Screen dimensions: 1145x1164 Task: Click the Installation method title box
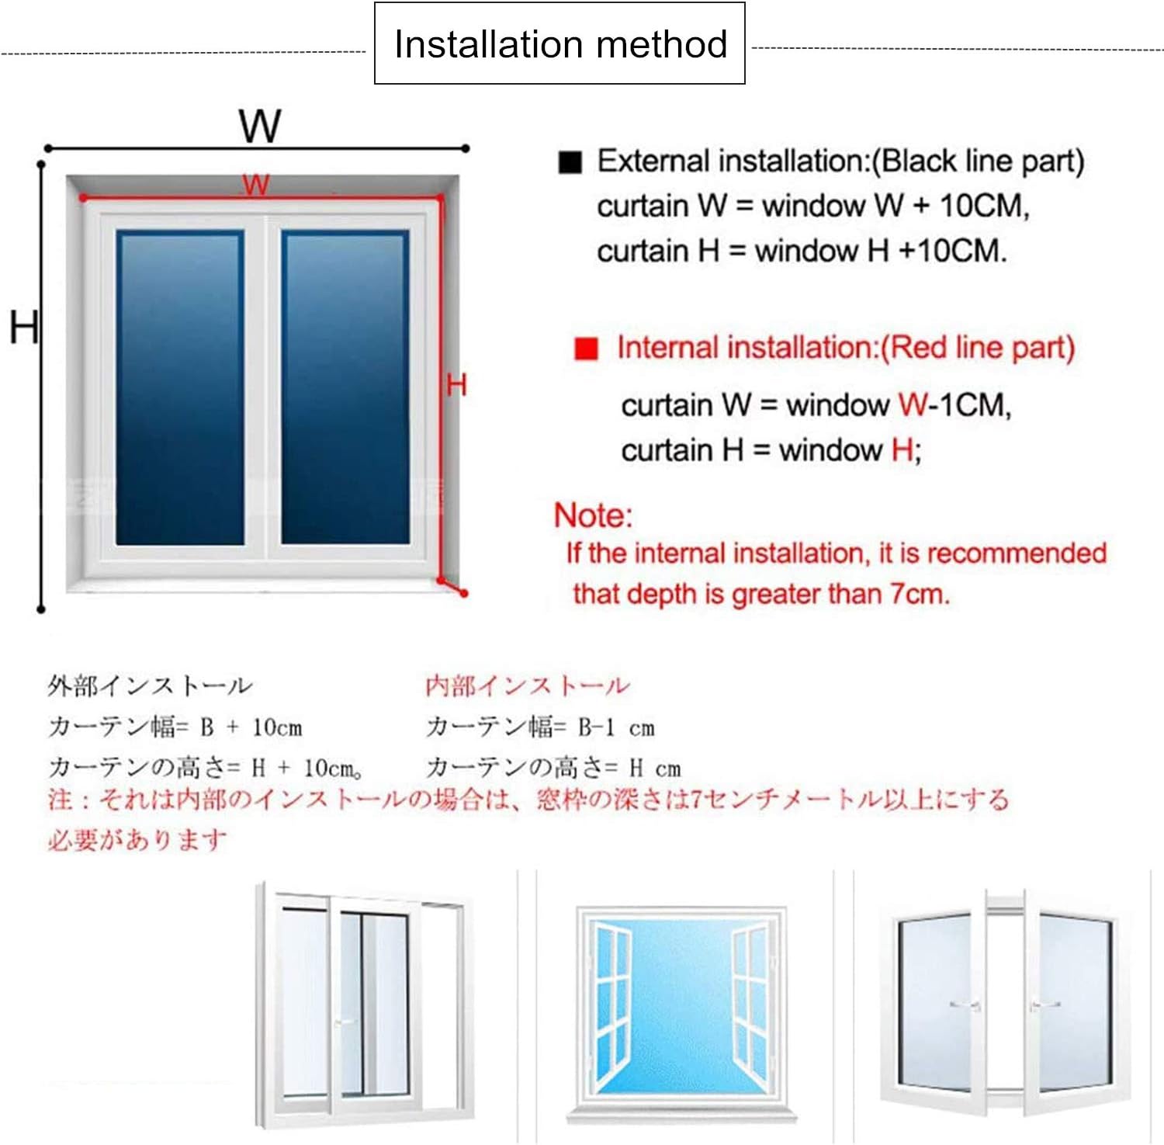coord(559,43)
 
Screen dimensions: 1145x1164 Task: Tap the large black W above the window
coord(259,126)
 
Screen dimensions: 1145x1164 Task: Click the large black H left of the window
coord(23,327)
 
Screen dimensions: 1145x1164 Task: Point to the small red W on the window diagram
coord(255,185)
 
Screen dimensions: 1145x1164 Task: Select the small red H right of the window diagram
coord(456,384)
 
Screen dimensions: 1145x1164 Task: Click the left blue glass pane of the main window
coord(179,387)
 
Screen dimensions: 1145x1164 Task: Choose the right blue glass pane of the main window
coord(345,387)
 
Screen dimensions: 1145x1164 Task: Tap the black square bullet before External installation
coord(570,161)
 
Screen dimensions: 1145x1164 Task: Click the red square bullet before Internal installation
coord(586,349)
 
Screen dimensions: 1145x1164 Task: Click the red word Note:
coord(593,515)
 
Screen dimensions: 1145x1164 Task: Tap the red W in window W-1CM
coord(913,404)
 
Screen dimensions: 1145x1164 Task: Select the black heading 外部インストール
coord(150,685)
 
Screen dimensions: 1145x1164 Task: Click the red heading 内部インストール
coord(527,685)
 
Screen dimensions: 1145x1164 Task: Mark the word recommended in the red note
coord(1017,553)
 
